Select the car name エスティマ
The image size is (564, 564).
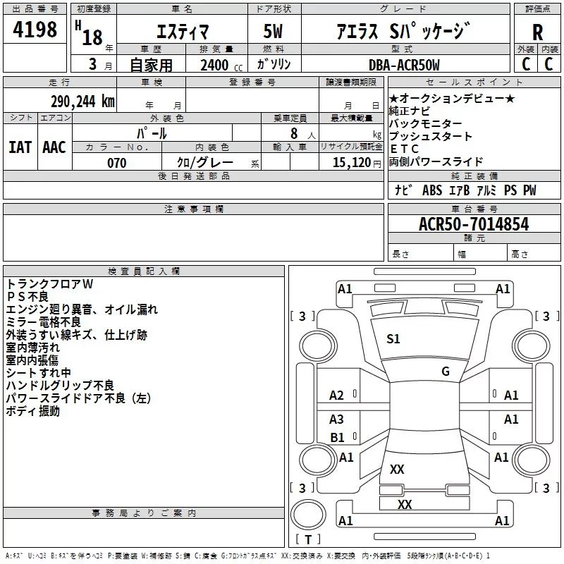click(181, 31)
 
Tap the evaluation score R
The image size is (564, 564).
click(537, 32)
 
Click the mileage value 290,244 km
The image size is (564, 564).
click(82, 101)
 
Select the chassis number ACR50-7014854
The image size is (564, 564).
click(473, 224)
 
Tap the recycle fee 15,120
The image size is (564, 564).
click(350, 163)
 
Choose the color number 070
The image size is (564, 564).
click(116, 163)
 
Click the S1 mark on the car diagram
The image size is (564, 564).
click(393, 339)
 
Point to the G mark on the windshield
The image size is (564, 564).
click(445, 372)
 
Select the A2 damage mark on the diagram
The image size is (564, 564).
click(337, 396)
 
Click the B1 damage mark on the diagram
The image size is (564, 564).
click(338, 438)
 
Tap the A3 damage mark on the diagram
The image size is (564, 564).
click(337, 419)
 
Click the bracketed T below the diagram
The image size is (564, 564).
click(307, 540)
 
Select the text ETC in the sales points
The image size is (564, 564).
click(405, 149)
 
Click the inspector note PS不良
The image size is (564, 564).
click(27, 297)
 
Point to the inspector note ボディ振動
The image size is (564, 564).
click(33, 411)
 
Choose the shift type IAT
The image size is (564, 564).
click(19, 147)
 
